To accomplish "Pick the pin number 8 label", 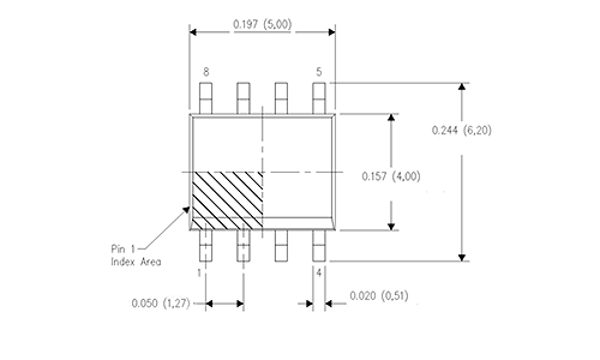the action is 206,72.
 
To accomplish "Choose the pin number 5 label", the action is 319,72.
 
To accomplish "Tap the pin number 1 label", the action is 199,273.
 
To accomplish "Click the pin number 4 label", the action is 319,273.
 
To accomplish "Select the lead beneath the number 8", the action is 205,98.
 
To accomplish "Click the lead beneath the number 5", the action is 319,98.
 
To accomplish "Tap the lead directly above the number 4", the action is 319,246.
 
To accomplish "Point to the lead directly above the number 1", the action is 205,246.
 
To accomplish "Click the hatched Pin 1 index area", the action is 227,201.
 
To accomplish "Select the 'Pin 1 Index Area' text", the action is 136,255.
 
